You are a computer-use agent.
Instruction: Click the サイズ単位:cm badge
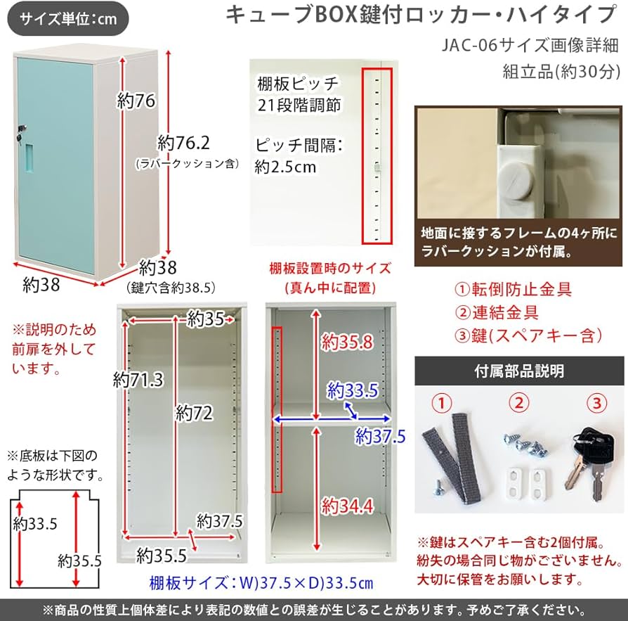tap(68, 19)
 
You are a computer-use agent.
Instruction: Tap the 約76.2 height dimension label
tap(184, 143)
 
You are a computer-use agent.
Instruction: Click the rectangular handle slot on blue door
tap(28, 158)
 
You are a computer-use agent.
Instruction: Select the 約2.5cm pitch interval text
tap(285, 167)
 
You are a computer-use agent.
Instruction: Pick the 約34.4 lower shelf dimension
tap(346, 504)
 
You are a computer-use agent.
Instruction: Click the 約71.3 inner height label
tap(138, 380)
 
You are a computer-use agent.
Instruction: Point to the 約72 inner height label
tap(194, 413)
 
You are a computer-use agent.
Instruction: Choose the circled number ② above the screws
tap(518, 404)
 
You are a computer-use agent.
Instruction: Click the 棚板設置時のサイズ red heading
tap(329, 269)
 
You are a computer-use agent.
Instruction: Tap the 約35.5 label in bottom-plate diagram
tap(80, 561)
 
